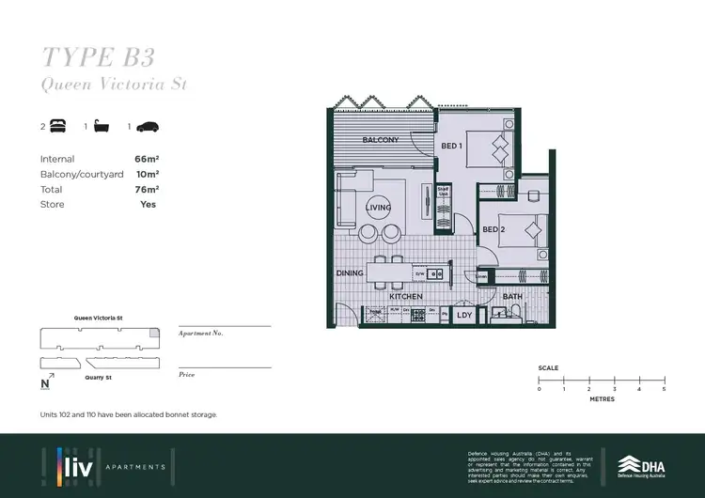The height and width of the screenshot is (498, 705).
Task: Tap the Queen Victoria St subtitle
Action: coord(115,85)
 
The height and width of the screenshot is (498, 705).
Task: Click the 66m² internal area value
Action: coord(146,160)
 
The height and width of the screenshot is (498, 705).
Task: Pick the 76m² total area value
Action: coord(146,190)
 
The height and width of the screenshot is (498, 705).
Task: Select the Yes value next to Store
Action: coord(148,204)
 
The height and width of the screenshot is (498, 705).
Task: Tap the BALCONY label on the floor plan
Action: coord(381,141)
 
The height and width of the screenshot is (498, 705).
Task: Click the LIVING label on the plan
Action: coord(379,208)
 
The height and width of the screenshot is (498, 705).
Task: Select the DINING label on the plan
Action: coord(351,273)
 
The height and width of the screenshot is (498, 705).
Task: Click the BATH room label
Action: coord(512,297)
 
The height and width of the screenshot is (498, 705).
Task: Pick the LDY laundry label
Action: coord(464,316)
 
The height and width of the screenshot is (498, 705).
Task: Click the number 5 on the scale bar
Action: coord(664,389)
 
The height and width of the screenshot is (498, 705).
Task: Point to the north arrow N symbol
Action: coord(44,383)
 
